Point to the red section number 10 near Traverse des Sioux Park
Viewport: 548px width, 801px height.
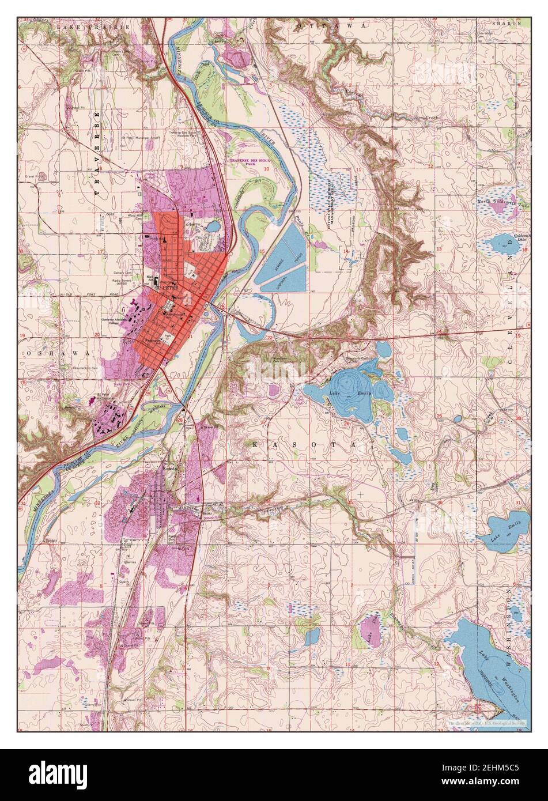(266, 169)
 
